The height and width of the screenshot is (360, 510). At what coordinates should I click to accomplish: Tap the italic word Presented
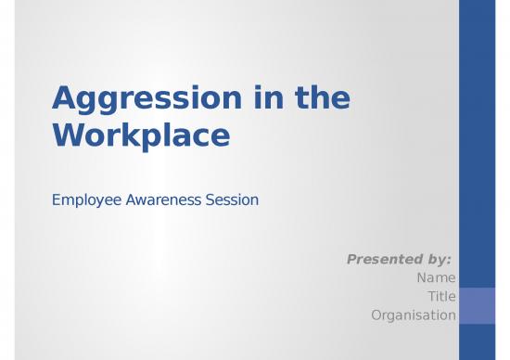[x=385, y=259]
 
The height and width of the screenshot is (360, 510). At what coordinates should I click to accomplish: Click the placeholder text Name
[x=436, y=277]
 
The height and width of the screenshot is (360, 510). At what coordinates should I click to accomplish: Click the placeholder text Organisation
[x=413, y=315]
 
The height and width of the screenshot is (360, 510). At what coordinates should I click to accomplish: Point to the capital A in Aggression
[x=64, y=97]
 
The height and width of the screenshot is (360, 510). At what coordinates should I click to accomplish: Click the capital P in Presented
[x=352, y=259]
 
